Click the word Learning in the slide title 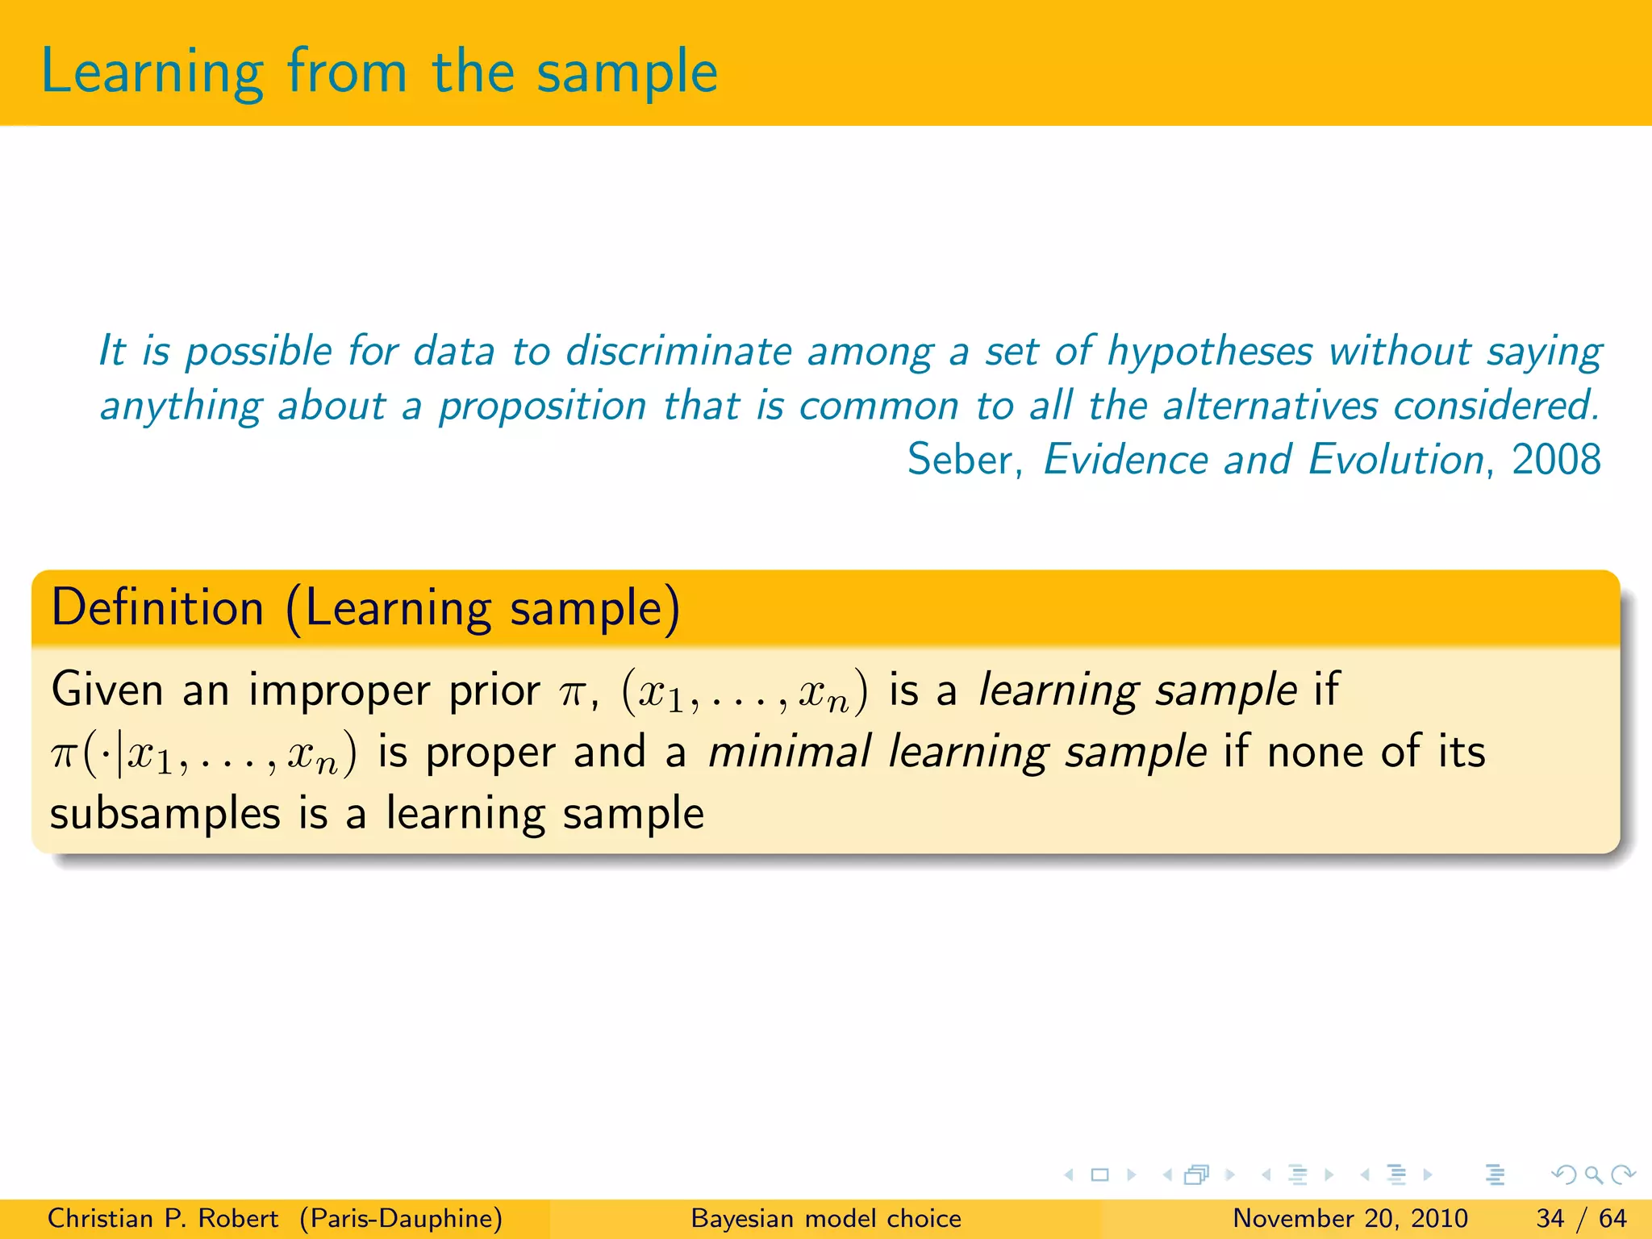pyautogui.click(x=152, y=73)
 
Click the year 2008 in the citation pyautogui.click(x=1555, y=460)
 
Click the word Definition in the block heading pyautogui.click(x=158, y=607)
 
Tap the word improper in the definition pyautogui.click(x=338, y=690)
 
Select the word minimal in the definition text pyautogui.click(x=789, y=752)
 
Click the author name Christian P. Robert pyautogui.click(x=162, y=1218)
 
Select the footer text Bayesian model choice pyautogui.click(x=826, y=1218)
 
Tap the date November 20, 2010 pyautogui.click(x=1350, y=1218)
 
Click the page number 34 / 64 pyautogui.click(x=1581, y=1218)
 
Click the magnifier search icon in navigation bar pyautogui.click(x=1593, y=1174)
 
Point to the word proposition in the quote pyautogui.click(x=542, y=406)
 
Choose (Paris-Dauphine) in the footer pyautogui.click(x=401, y=1218)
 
